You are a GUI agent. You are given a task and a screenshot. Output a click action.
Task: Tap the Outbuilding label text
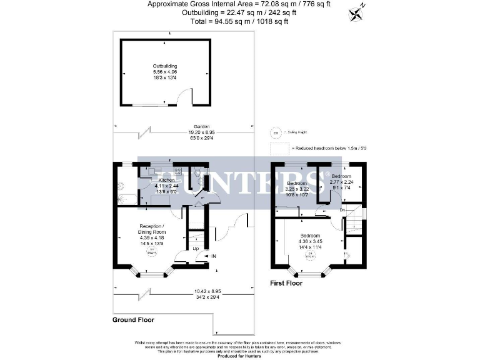coord(166,66)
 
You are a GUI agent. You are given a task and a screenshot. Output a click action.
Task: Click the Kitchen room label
coord(166,181)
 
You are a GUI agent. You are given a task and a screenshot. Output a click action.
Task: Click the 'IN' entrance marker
coord(213,256)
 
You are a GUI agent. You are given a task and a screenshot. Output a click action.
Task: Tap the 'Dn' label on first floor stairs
coord(342,210)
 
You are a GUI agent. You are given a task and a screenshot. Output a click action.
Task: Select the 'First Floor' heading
coord(286,283)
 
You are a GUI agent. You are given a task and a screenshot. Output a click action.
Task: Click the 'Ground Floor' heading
coord(133,319)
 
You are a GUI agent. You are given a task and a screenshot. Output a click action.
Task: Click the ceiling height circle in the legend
coord(274,132)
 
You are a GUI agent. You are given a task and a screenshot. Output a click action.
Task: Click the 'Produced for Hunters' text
coord(239,356)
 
